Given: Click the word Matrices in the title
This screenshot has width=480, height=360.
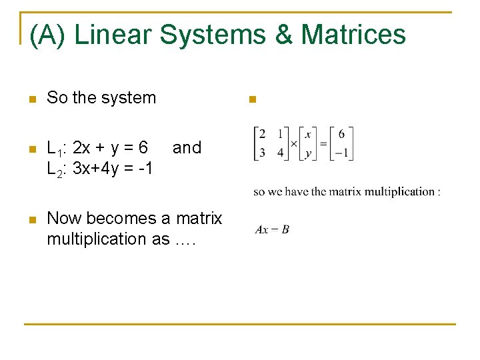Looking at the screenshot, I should (353, 35).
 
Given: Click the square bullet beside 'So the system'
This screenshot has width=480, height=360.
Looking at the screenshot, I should (30, 99).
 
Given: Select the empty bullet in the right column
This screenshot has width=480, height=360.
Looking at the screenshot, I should (252, 100).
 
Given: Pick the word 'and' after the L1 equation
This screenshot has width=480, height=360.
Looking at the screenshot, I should (187, 147).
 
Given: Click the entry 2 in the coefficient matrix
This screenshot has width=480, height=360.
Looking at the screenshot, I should (263, 135).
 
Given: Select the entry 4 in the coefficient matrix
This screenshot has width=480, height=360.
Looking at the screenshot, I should (280, 153).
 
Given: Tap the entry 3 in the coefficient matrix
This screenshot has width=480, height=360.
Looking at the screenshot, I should (263, 153).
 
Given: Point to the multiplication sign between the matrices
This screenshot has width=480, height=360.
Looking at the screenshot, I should (293, 143).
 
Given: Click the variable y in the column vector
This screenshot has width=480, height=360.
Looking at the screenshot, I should (307, 153).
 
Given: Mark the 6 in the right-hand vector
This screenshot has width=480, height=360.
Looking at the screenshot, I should (341, 135).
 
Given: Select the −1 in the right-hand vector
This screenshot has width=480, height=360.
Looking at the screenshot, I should (341, 153).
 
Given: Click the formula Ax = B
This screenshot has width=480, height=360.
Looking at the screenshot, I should (272, 230).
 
